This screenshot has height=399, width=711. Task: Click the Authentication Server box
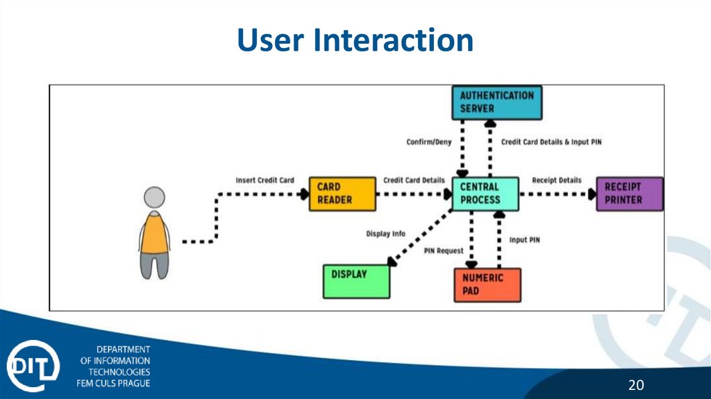496,103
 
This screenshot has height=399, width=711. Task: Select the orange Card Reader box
341,194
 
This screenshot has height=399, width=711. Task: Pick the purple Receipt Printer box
629,194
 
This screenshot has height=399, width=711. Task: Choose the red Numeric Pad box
487,284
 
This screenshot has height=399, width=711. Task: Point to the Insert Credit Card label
265,180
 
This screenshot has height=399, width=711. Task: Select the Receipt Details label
556,180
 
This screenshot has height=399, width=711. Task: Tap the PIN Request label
443,250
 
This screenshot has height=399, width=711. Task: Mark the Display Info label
385,234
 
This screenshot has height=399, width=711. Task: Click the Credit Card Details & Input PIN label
551,142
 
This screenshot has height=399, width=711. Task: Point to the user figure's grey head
154,198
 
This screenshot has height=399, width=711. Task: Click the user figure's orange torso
154,232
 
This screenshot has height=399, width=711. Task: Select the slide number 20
636,385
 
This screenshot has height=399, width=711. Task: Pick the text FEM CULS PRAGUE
113,383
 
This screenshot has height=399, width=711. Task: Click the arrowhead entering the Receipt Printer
591,194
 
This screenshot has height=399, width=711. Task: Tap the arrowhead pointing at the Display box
392,262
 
